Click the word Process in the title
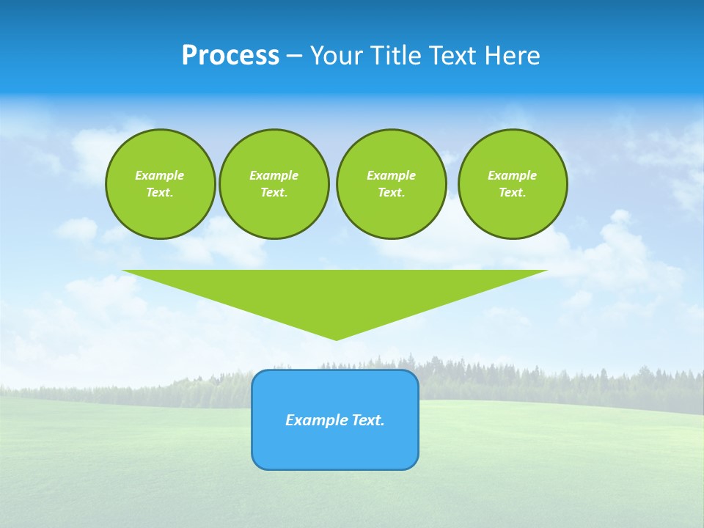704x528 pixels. coord(230,56)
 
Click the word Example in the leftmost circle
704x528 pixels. coord(160,175)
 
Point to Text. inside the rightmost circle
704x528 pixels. coord(513,192)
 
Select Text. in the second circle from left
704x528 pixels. coord(274,192)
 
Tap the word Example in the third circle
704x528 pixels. coord(391,175)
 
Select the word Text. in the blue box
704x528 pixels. coord(368,420)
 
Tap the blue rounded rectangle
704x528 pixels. coord(335,447)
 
